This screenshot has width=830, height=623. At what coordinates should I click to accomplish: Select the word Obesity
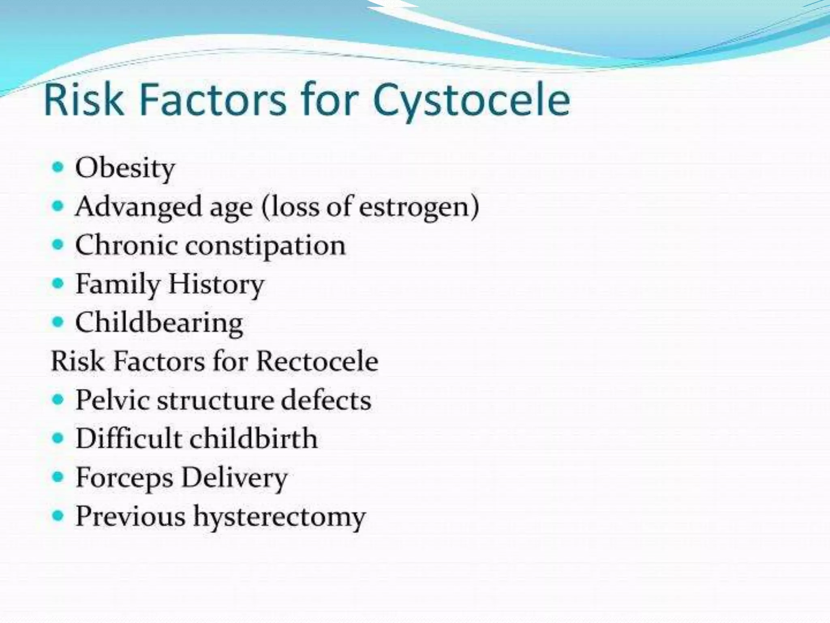tap(125, 168)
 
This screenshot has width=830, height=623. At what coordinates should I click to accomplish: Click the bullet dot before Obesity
tap(58, 167)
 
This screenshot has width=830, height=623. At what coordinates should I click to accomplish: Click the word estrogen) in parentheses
tap(419, 207)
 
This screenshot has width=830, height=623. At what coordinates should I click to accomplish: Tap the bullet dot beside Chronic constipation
tap(58, 245)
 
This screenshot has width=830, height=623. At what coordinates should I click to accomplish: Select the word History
tap(216, 284)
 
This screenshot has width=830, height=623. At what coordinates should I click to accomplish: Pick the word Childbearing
tap(159, 323)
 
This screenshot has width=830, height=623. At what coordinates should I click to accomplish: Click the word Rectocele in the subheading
tap(317, 361)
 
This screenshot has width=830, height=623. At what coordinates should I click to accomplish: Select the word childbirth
tap(254, 438)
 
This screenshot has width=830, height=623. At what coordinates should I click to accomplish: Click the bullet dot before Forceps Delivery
tap(58, 477)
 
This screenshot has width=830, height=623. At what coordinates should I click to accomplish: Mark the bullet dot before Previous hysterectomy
tap(58, 516)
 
